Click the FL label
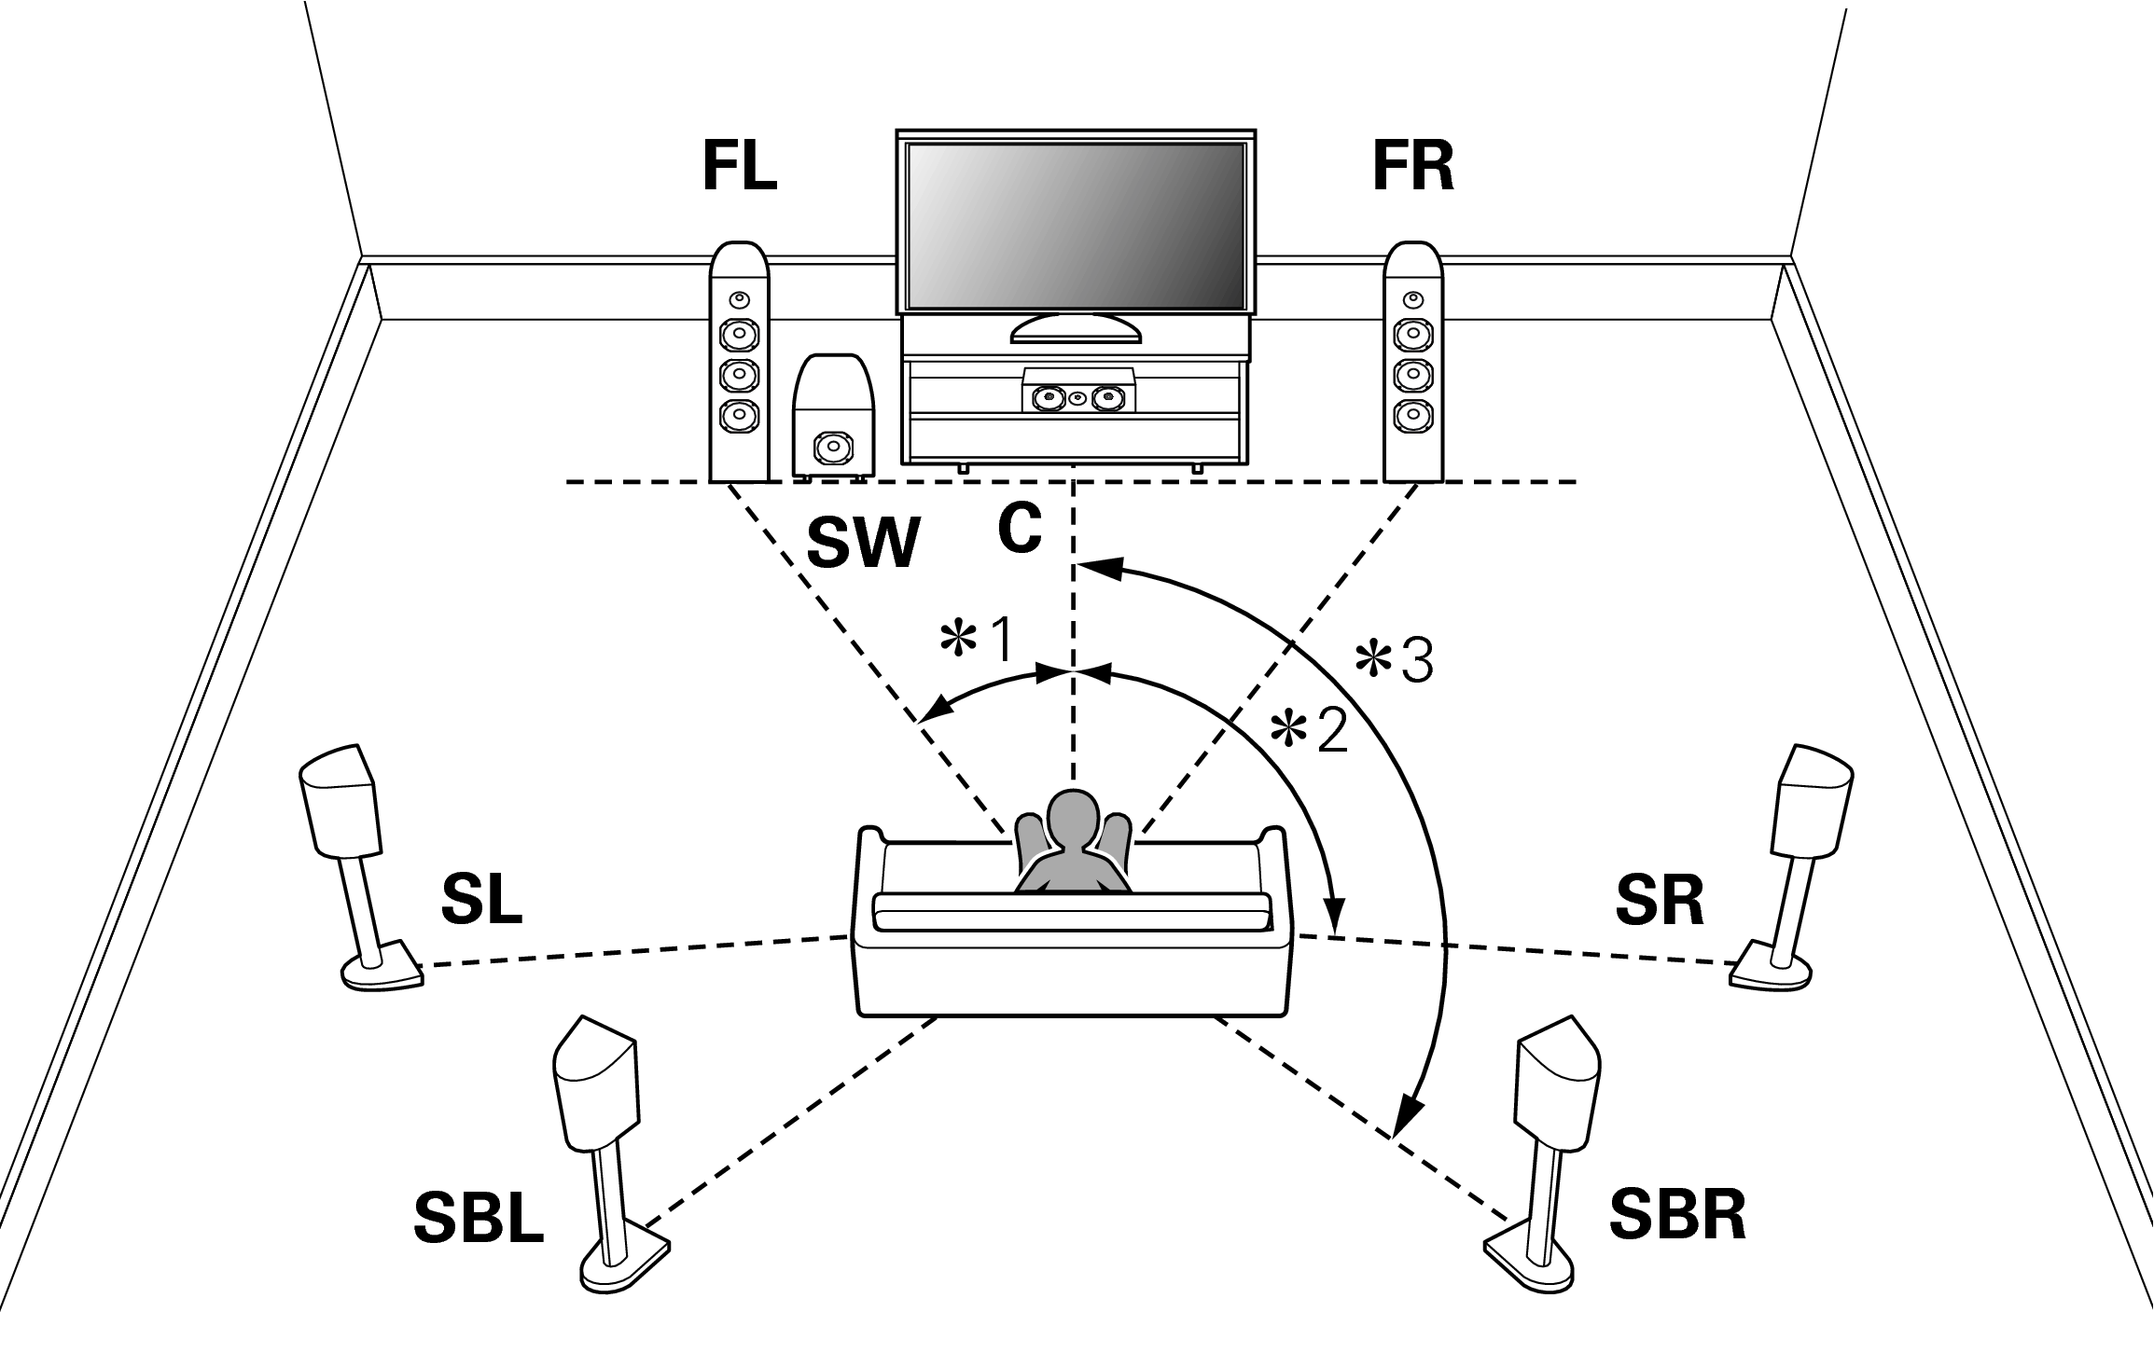(740, 169)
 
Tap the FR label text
(1412, 169)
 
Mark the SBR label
(1677, 1215)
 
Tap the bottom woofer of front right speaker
(1411, 413)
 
